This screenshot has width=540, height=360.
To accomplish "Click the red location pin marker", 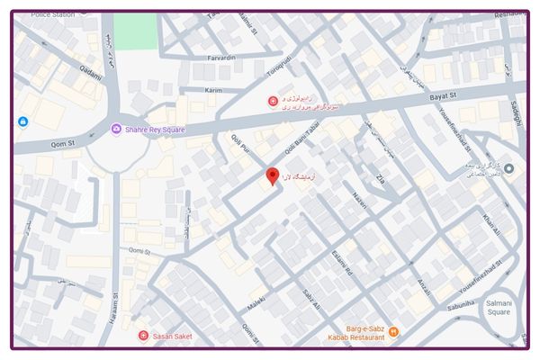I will pyautogui.click(x=273, y=176).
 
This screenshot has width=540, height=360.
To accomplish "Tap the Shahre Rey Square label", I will pyautogui.click(x=155, y=130).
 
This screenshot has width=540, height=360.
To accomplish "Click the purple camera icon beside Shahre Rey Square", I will pyautogui.click(x=116, y=130).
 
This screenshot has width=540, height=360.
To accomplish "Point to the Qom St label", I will pyautogui.click(x=41, y=141).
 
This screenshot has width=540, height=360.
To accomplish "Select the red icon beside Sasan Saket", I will pyautogui.click(x=142, y=336).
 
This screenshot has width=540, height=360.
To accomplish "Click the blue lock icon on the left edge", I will pyautogui.click(x=22, y=121).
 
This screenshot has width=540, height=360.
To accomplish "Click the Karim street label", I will pyautogui.click(x=213, y=91).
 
